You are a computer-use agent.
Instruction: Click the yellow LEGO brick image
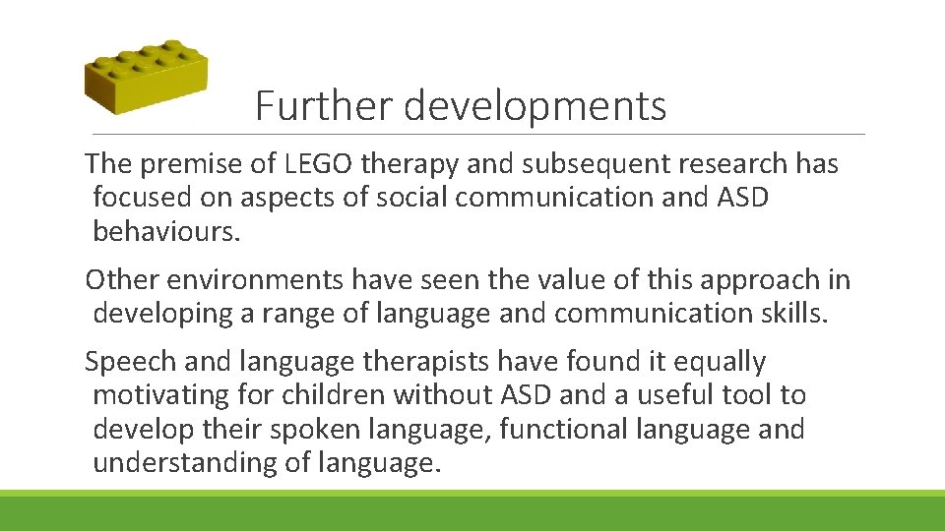click(x=145, y=78)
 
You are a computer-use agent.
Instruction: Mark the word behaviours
click(x=167, y=231)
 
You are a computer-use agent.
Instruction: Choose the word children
click(x=331, y=395)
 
